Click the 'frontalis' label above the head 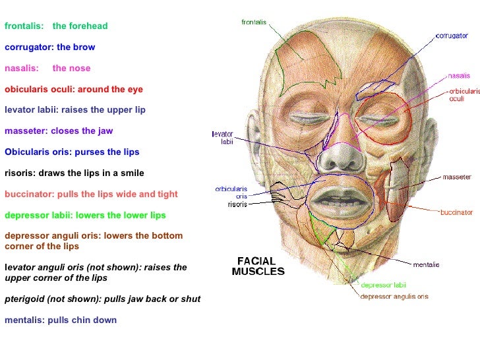coord(253,22)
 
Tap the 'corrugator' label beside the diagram coord(452,36)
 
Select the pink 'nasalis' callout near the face coord(459,75)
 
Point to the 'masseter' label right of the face coord(456,177)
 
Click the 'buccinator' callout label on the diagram coord(456,212)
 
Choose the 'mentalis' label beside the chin coord(426,264)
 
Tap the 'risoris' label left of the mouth coord(237,204)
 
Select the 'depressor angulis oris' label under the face coord(394,297)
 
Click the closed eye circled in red coord(379,120)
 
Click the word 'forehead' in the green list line coord(88,26)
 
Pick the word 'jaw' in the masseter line coord(105,131)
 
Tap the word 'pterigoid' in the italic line coord(26,299)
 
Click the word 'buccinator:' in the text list coord(29,195)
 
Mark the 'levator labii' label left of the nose coord(222,137)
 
